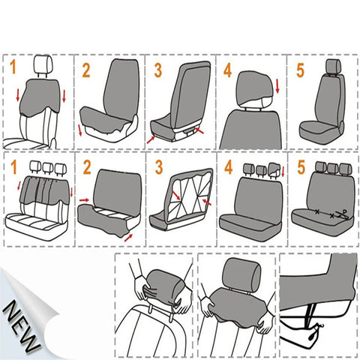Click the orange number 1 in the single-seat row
coord(12,68)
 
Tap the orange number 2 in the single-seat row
coord(85,70)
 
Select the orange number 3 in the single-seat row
coord(157,70)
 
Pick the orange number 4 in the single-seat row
coord(228,70)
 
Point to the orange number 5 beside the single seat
coord(301,70)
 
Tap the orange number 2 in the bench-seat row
coord(85,166)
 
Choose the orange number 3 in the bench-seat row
coord(157,166)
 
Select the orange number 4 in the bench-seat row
coord(228,166)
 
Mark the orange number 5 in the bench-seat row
coord(301,166)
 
